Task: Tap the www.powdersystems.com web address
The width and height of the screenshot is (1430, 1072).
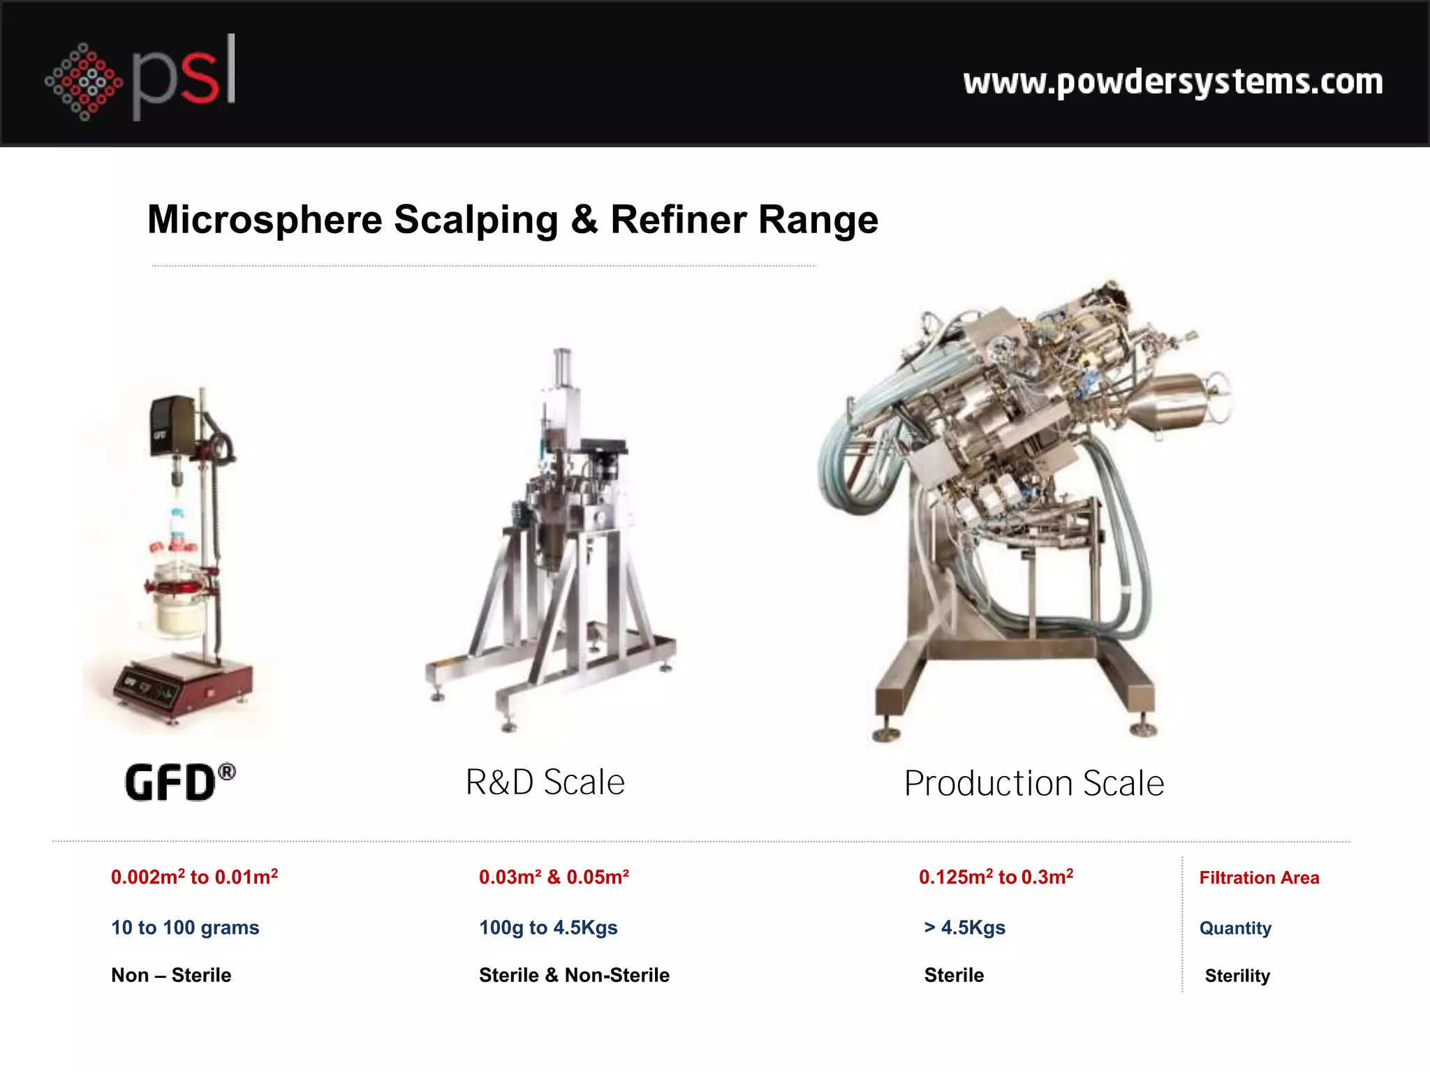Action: click(1172, 82)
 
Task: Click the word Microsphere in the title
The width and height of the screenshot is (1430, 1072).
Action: click(265, 220)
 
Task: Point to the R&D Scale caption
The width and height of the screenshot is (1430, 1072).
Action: click(545, 782)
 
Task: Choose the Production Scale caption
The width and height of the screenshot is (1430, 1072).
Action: click(1033, 783)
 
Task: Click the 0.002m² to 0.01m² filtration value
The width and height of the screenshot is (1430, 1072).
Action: click(194, 877)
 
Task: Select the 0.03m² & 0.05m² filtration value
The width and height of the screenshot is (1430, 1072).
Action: click(554, 877)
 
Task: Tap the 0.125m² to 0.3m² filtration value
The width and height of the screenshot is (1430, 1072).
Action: click(996, 877)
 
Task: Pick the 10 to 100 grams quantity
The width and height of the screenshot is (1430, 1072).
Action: click(185, 928)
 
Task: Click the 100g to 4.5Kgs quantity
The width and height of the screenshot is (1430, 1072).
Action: click(548, 928)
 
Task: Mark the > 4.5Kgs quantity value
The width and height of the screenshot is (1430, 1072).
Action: click(964, 928)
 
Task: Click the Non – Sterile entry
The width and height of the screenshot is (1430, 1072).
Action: click(171, 975)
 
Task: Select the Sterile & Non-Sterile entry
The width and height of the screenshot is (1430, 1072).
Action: click(574, 975)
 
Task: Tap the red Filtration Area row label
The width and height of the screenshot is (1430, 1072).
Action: click(1259, 878)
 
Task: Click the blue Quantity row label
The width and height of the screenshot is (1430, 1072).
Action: click(1235, 928)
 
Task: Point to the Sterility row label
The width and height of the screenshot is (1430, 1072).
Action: click(1237, 976)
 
